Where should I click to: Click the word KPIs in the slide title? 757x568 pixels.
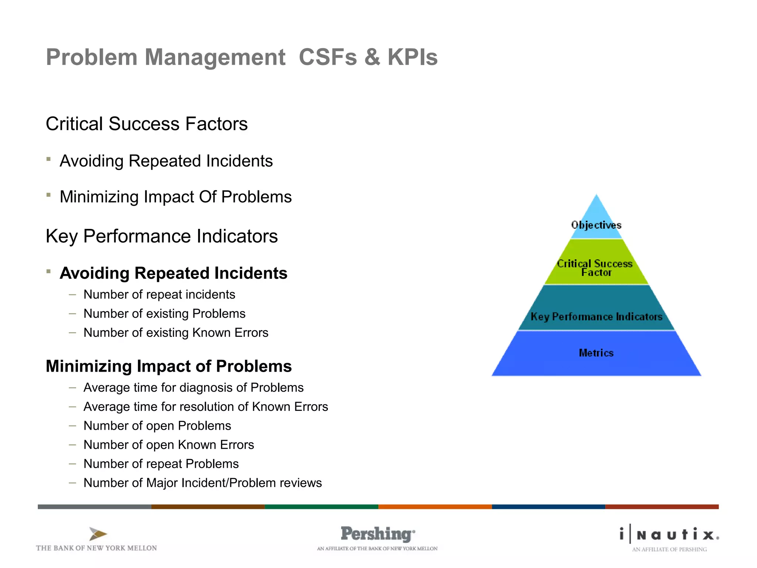[x=412, y=57]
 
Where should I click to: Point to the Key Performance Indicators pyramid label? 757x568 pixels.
[x=596, y=317]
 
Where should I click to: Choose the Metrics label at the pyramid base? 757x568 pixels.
[x=596, y=353]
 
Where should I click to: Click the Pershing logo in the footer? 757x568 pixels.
[x=377, y=534]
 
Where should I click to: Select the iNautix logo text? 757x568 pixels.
[x=669, y=534]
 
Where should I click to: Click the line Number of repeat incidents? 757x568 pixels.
[x=159, y=294]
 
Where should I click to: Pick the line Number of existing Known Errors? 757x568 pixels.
[x=176, y=332]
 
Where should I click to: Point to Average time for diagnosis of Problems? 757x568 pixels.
[x=193, y=388]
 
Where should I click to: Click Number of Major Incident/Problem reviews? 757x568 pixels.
[x=203, y=483]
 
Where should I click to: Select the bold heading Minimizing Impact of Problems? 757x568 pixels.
[x=169, y=366]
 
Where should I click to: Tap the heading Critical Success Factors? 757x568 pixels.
[x=146, y=124]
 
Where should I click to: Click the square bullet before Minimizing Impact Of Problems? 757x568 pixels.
[x=48, y=195]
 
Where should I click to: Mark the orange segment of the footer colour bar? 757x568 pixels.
[x=435, y=507]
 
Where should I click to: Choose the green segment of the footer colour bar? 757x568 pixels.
[x=321, y=507]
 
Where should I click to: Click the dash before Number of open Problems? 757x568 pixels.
[x=72, y=426]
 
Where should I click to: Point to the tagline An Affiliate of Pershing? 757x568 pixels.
[x=669, y=550]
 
